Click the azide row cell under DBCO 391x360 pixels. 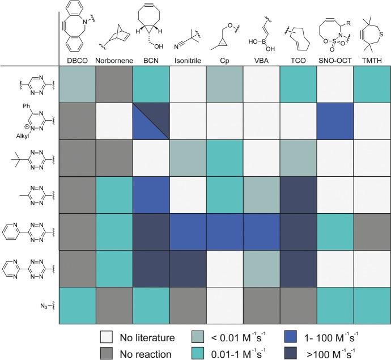(77, 306)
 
